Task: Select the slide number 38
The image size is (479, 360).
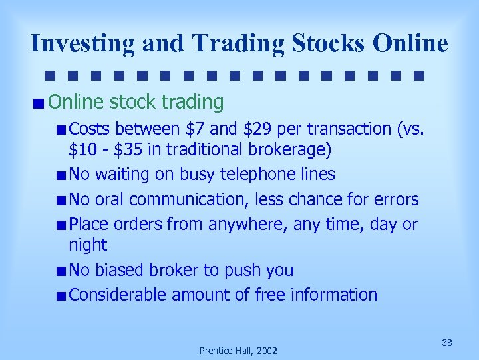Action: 447,343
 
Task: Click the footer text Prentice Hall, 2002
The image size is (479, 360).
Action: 239,350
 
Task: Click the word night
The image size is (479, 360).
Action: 88,245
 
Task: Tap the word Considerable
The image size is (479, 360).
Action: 118,295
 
